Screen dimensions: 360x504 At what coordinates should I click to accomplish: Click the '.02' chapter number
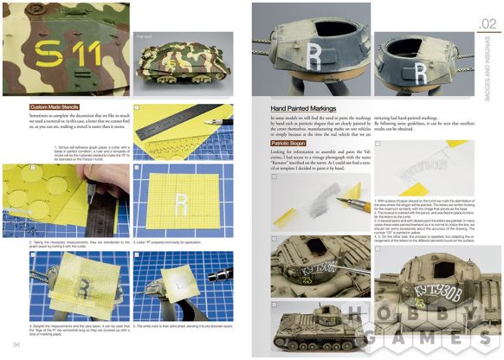coord(488,23)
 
